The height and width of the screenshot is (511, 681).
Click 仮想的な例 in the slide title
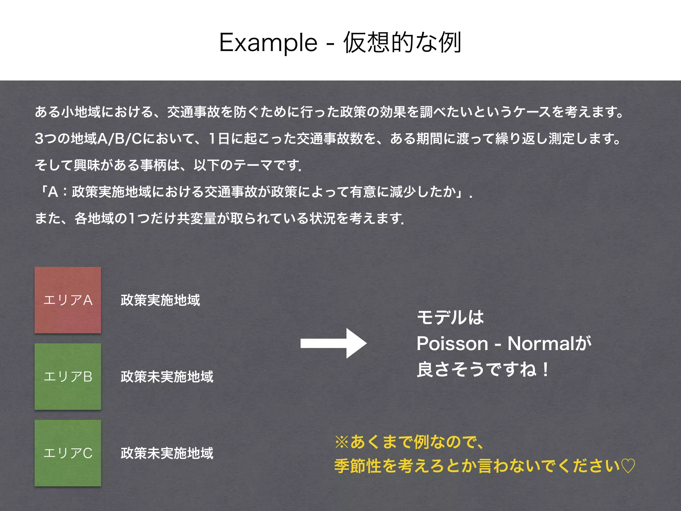(402, 43)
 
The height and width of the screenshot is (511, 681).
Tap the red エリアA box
(68, 300)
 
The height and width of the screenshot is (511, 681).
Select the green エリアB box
(68, 377)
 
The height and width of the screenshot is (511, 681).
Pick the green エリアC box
(68, 453)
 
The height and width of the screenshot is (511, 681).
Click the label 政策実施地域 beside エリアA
(160, 300)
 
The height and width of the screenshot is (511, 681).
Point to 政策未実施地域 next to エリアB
(167, 377)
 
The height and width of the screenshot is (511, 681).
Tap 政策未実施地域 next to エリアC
(167, 453)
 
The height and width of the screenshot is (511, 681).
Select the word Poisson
(452, 343)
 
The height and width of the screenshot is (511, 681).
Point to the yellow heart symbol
(628, 466)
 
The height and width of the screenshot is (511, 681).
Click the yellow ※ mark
(342, 442)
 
